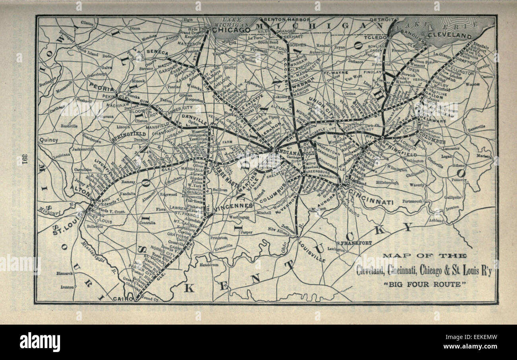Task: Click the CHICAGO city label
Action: tap(231, 30)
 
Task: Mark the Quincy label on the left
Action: tap(49, 140)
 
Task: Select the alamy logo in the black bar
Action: tap(40, 342)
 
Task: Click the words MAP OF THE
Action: tap(424, 256)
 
